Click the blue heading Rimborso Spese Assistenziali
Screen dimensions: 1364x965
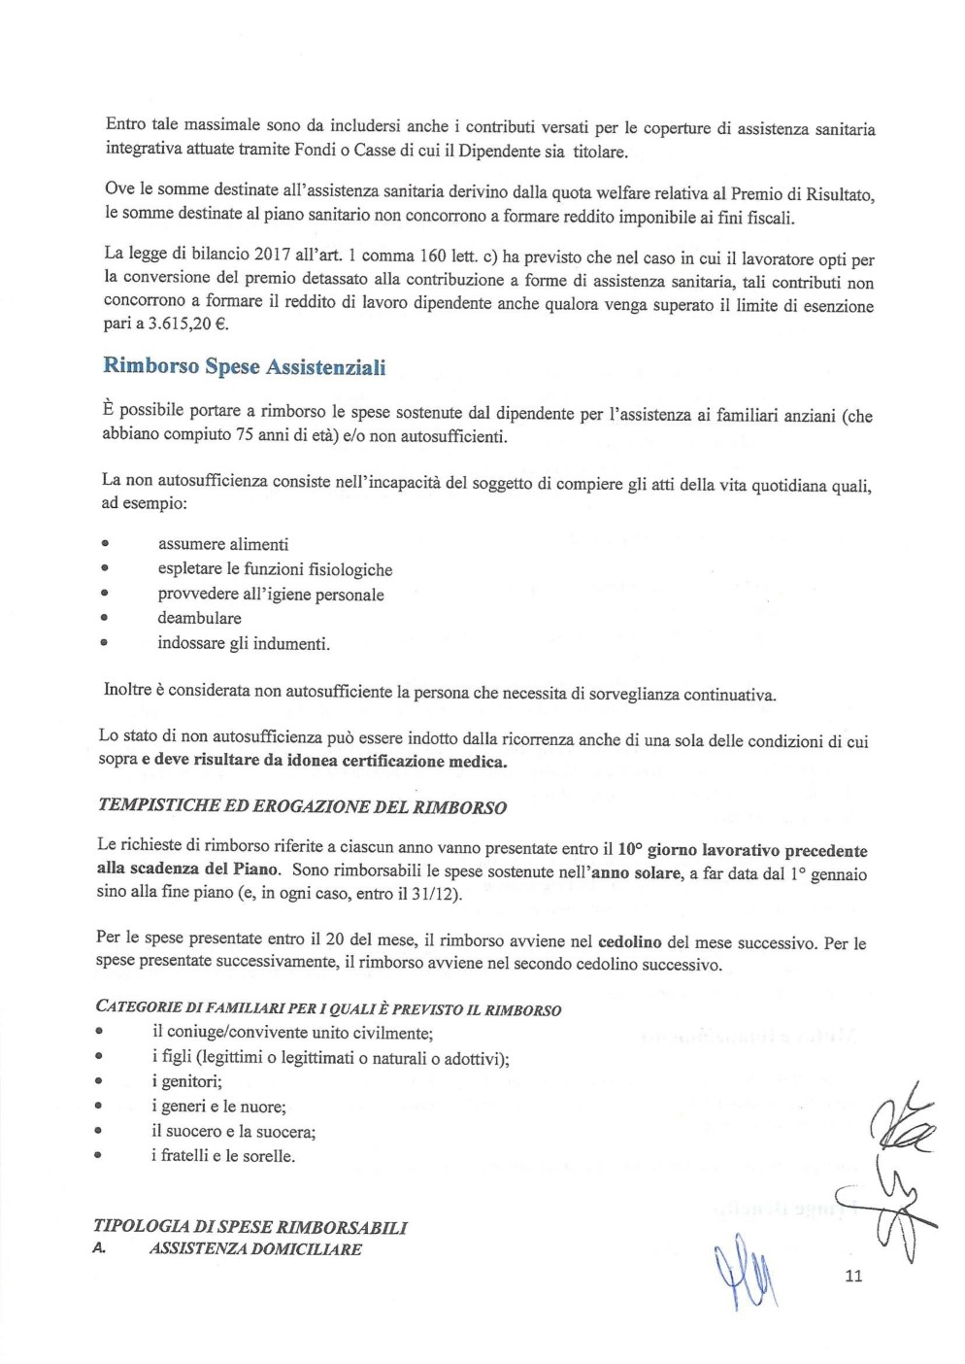pos(244,366)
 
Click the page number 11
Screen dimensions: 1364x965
pos(853,1276)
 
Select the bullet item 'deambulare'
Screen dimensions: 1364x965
pos(199,618)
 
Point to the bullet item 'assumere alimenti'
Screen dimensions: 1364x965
pos(223,544)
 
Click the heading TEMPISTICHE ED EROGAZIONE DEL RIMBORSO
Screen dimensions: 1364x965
pos(302,807)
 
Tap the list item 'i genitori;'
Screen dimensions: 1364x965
pos(186,1081)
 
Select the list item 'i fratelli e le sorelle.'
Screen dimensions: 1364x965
pos(222,1156)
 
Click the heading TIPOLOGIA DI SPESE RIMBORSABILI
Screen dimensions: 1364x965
pos(250,1227)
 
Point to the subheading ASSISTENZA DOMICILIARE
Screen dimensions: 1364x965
pos(254,1249)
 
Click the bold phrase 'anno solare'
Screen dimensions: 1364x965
pos(636,872)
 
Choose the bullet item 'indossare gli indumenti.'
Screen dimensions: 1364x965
pos(244,643)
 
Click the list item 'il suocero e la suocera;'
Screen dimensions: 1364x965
pos(233,1131)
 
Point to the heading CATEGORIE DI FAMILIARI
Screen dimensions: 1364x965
pos(328,1009)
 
